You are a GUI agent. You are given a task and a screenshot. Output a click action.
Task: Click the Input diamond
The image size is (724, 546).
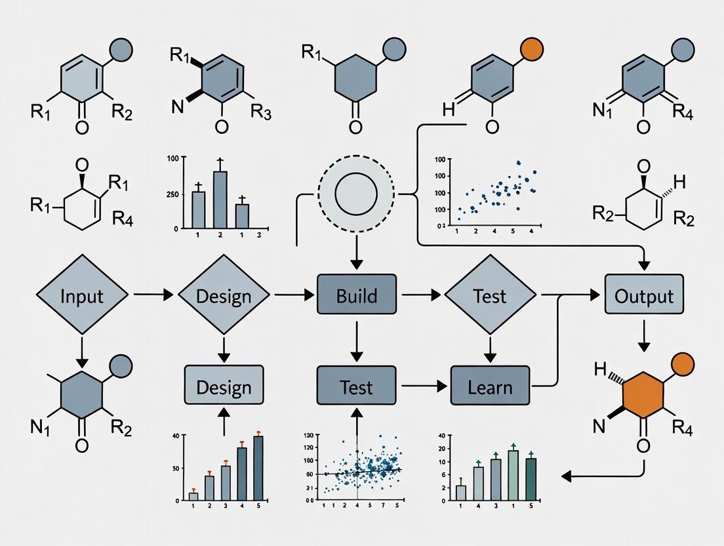[x=82, y=295]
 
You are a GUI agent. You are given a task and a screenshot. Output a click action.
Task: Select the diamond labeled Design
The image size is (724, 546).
[x=224, y=295]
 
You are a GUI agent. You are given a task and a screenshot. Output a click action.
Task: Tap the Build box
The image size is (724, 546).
[x=357, y=295]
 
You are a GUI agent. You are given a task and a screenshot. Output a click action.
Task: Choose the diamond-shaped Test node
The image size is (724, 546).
[x=490, y=295]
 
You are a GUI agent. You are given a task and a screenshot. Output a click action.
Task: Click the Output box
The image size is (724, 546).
[x=644, y=295]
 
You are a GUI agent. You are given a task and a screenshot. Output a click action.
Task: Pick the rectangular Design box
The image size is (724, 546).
[x=224, y=387]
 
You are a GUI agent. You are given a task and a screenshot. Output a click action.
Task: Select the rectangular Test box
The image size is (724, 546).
[x=357, y=387]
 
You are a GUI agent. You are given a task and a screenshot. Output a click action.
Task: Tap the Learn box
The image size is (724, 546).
[x=490, y=387]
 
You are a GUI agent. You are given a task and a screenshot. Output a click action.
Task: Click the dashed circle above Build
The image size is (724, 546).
[x=356, y=194]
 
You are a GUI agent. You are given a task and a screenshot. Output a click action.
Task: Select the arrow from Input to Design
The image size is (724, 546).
[x=153, y=295]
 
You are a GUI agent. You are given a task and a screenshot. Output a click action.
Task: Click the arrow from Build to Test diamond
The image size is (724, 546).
[x=420, y=295]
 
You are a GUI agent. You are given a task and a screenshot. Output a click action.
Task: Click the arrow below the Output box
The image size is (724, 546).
[x=644, y=335]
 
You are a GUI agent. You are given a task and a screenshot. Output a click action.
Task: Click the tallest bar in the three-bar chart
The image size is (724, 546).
[x=220, y=198]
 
